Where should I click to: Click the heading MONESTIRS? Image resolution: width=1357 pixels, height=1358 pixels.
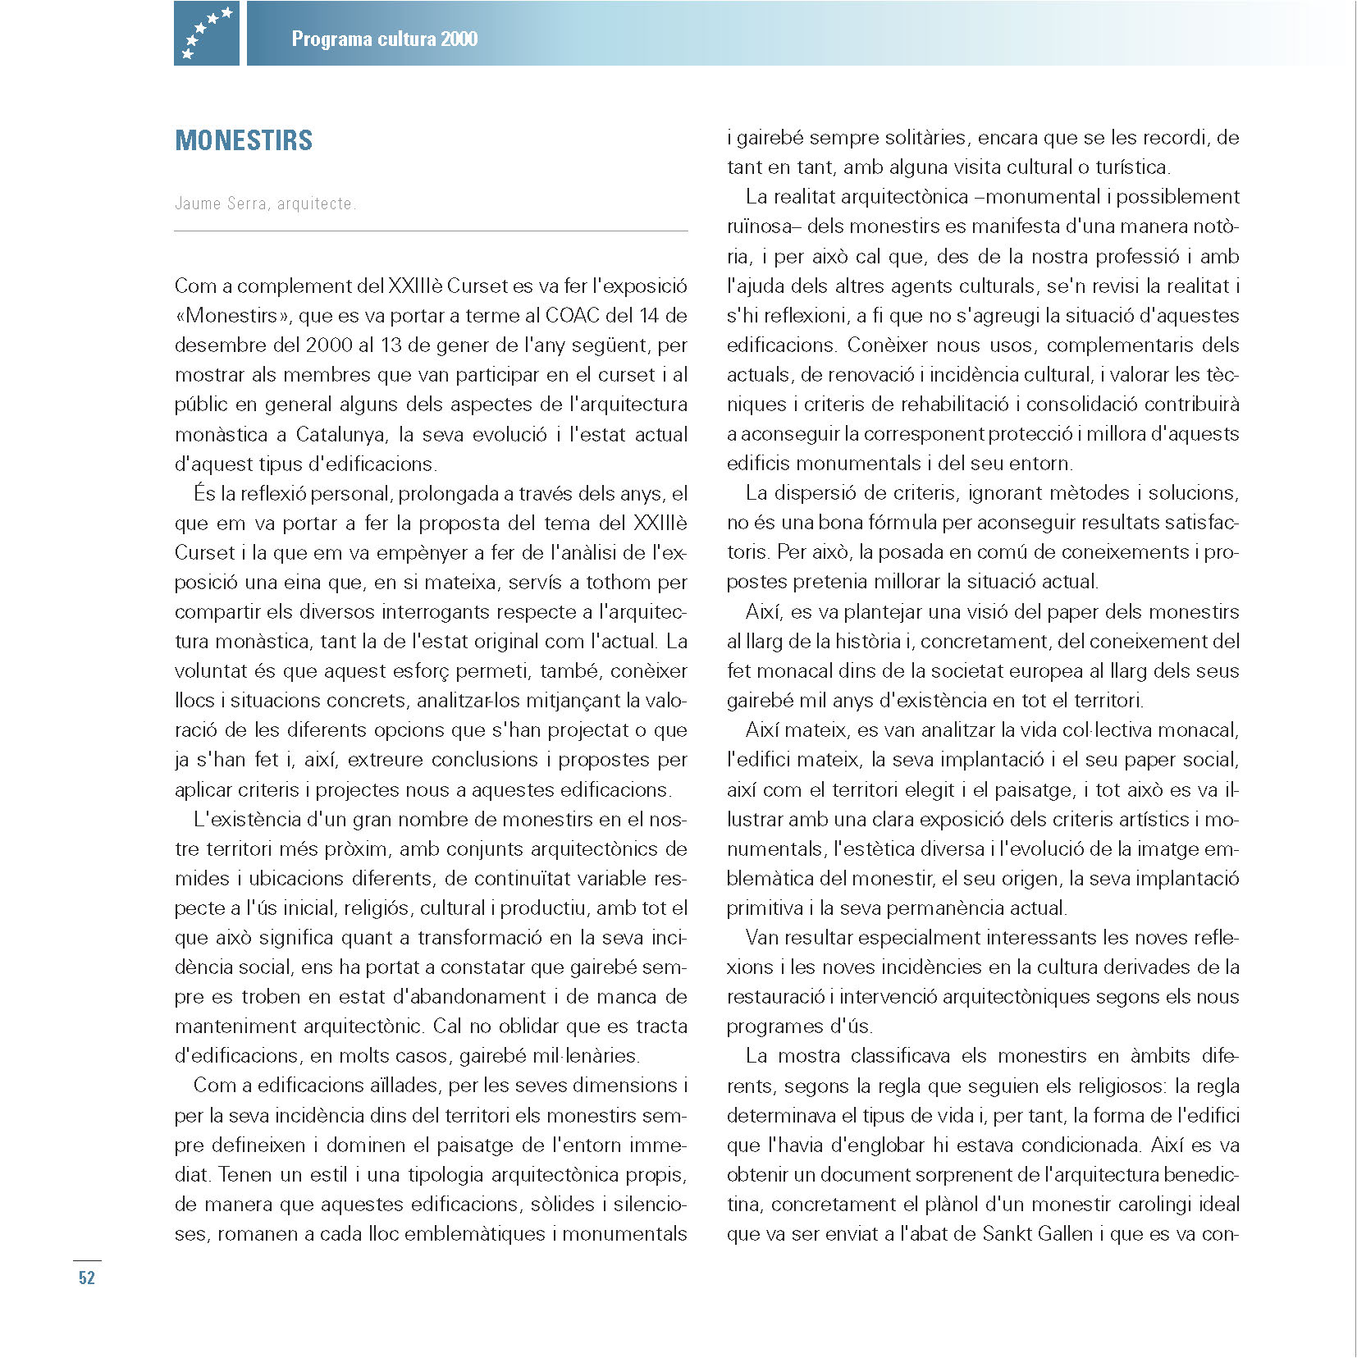point(244,140)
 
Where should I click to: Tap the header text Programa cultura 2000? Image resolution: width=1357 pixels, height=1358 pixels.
point(384,39)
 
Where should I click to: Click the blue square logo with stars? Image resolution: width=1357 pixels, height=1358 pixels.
point(206,33)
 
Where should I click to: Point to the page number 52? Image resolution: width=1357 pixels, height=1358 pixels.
point(87,1278)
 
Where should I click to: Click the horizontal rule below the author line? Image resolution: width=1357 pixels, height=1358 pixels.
point(431,231)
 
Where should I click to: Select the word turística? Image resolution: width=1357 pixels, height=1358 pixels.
point(1132,167)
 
